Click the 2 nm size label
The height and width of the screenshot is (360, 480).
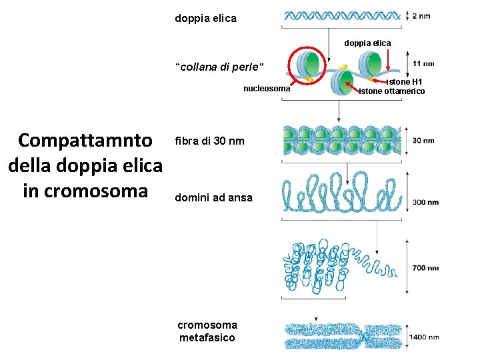coord(421,16)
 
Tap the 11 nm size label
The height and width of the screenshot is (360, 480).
coord(424,64)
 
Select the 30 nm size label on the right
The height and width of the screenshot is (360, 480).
coord(423,141)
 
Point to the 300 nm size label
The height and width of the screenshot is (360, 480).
coord(425,202)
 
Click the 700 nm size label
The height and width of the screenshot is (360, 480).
coord(425,268)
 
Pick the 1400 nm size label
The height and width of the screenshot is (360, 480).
coord(424,337)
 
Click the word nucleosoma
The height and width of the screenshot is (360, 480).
coord(267,89)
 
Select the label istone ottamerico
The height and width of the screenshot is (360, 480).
coord(391,91)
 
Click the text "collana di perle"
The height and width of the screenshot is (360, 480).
coord(219,67)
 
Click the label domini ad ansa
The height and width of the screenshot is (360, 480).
coord(213,197)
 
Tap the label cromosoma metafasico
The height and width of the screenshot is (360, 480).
coord(207,331)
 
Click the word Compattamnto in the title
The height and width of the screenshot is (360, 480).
coord(85,141)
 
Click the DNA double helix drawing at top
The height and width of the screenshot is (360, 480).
coord(342,16)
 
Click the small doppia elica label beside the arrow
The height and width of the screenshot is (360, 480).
coord(367,43)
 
